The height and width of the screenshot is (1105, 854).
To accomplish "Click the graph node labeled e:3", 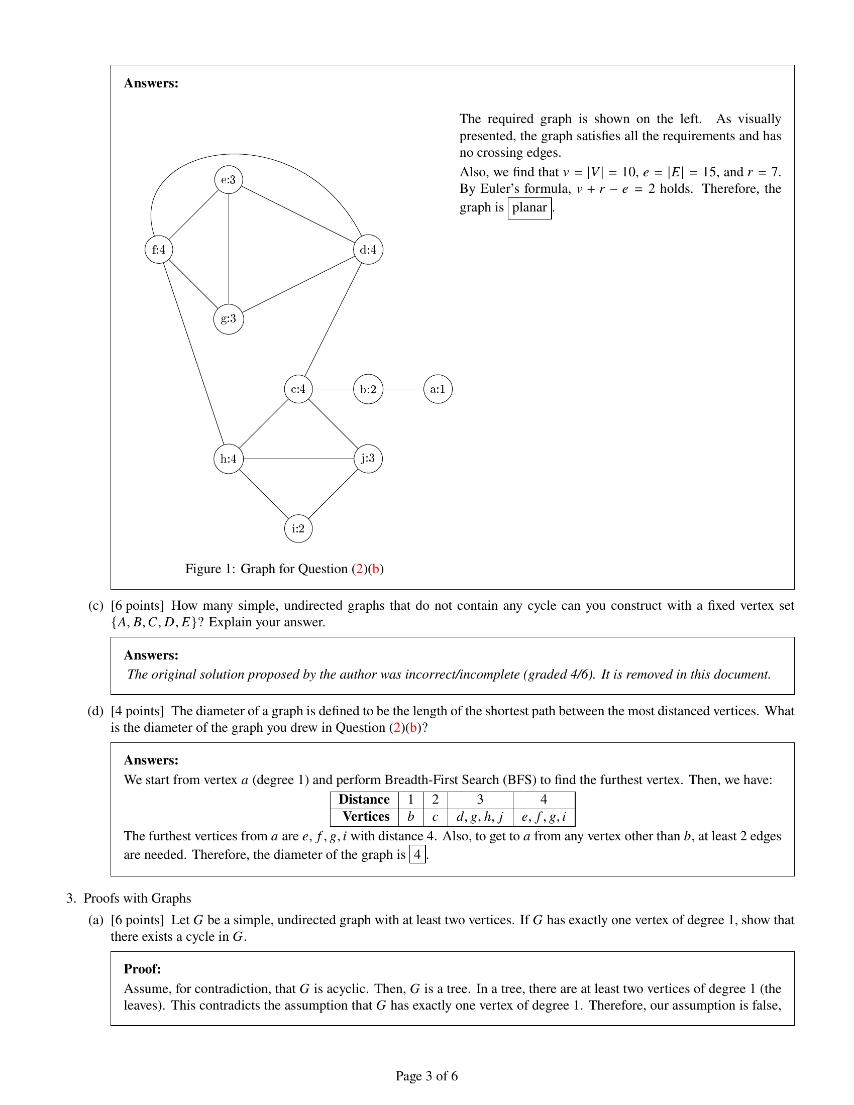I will click(x=229, y=180).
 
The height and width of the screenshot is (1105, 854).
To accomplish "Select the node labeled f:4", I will click(x=159, y=250).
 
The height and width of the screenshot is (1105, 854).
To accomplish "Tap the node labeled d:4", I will click(x=368, y=250).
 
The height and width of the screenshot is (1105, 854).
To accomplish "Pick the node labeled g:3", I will click(x=229, y=319).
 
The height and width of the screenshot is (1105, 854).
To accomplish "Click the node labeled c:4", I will click(x=298, y=389).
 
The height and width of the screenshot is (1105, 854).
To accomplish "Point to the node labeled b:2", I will click(x=368, y=389).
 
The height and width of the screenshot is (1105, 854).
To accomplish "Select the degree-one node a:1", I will click(x=438, y=389).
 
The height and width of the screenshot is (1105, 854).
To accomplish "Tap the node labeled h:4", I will click(x=229, y=459).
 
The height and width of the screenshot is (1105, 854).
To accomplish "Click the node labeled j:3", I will click(x=368, y=459).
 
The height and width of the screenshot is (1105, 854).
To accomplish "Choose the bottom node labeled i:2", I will click(x=298, y=529).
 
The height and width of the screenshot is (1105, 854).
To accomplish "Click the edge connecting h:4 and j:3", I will click(x=298, y=459).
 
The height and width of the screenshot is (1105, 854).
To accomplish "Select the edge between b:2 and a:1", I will click(x=403, y=389).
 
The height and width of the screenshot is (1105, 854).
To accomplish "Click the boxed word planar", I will click(x=529, y=208).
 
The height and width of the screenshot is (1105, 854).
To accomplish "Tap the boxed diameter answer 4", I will click(x=417, y=854).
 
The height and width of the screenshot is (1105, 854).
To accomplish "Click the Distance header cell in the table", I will click(x=364, y=800).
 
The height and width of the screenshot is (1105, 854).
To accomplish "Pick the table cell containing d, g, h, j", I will click(x=480, y=817).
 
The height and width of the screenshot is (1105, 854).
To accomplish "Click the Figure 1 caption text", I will click(x=284, y=569).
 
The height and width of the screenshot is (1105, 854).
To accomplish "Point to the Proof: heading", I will click(x=142, y=969).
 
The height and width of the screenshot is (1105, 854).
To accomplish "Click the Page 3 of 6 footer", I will click(x=426, y=1076).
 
